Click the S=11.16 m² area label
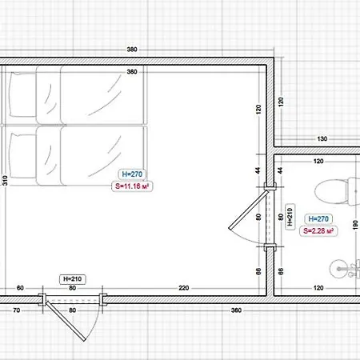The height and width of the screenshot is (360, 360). click(x=132, y=186)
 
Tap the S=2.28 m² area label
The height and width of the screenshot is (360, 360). click(x=318, y=231)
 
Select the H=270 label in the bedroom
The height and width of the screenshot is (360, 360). click(x=132, y=174)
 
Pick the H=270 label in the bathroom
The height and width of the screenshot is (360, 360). click(x=318, y=219)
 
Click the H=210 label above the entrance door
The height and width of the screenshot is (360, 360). click(x=73, y=279)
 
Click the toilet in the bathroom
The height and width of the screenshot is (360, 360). click(x=338, y=191)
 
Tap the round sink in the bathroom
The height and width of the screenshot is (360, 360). click(x=338, y=269)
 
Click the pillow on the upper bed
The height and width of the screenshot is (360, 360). click(x=22, y=94)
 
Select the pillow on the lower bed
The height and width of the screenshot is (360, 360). click(x=22, y=156)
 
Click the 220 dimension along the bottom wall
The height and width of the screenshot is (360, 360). click(x=184, y=288)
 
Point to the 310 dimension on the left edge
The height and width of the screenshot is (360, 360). click(x=5, y=181)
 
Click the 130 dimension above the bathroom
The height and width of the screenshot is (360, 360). click(x=322, y=139)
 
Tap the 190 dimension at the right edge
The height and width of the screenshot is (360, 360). click(x=355, y=225)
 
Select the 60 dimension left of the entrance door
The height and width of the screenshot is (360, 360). click(x=20, y=288)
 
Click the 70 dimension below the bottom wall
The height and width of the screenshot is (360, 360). click(x=17, y=310)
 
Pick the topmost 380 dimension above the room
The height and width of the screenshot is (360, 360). click(x=132, y=50)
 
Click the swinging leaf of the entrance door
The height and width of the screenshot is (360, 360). click(x=66, y=321)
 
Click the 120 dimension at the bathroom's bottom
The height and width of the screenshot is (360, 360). click(x=318, y=288)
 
